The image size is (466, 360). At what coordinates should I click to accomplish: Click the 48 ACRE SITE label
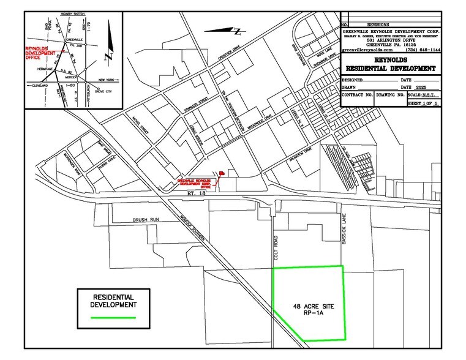pos(309,304)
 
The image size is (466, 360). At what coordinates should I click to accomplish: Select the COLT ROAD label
pos(276,244)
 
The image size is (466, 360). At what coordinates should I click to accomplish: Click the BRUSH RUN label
pos(146,219)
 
